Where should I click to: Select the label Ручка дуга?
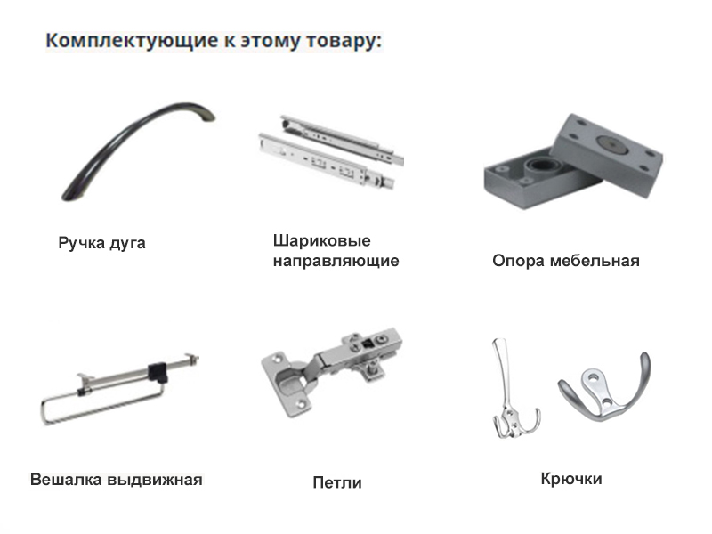click(101, 243)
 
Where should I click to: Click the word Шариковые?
click(321, 240)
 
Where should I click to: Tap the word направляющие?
click(336, 261)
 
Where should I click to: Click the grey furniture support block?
click(573, 161)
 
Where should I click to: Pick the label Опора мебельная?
click(566, 261)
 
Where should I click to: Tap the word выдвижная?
click(155, 480)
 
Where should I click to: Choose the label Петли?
click(337, 482)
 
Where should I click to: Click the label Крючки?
click(571, 479)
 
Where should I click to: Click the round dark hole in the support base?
click(540, 165)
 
